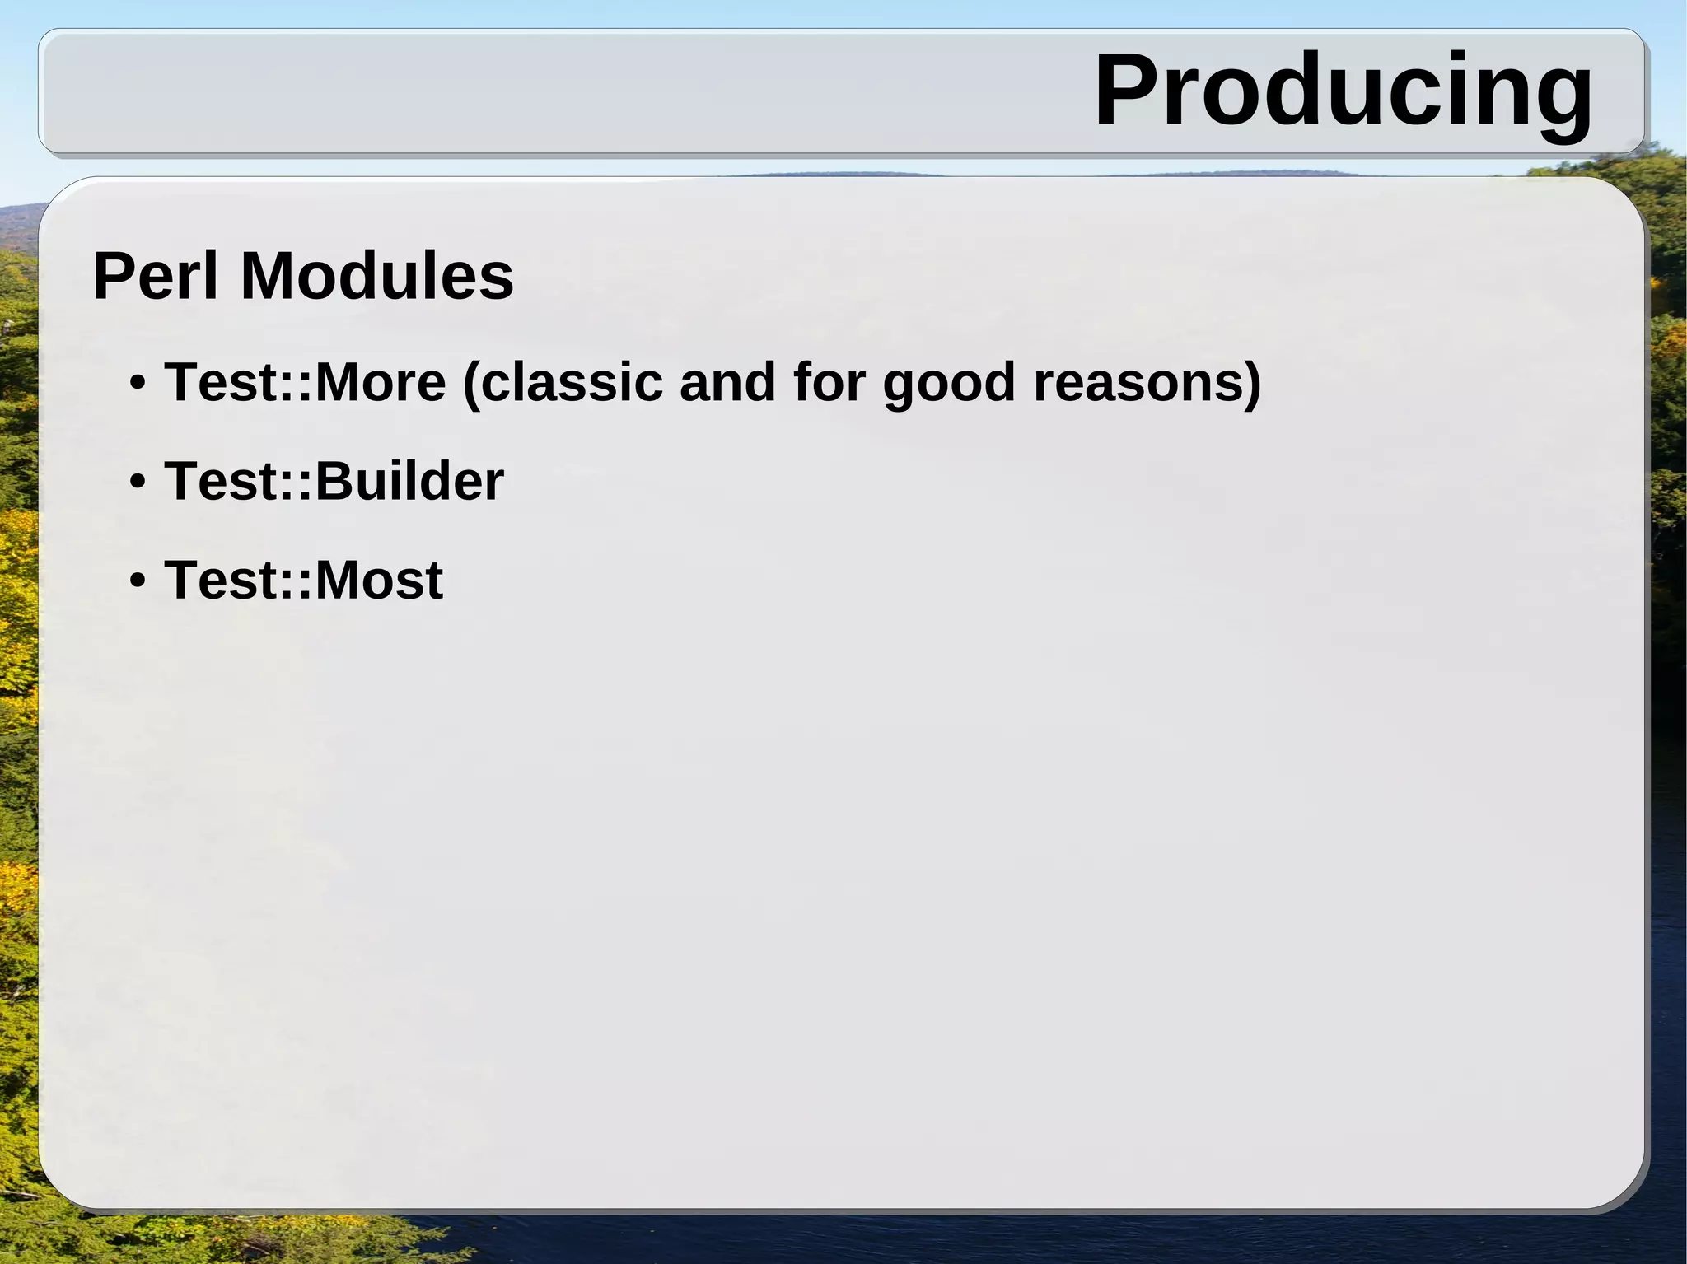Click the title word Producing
tap(1343, 91)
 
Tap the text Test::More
tap(305, 383)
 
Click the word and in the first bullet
tap(727, 383)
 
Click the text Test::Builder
tap(334, 481)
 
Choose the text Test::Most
tap(303, 580)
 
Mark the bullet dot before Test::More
tap(138, 384)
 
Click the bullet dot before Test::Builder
tap(138, 482)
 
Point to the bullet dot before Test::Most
tap(138, 581)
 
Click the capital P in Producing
tap(1127, 91)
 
